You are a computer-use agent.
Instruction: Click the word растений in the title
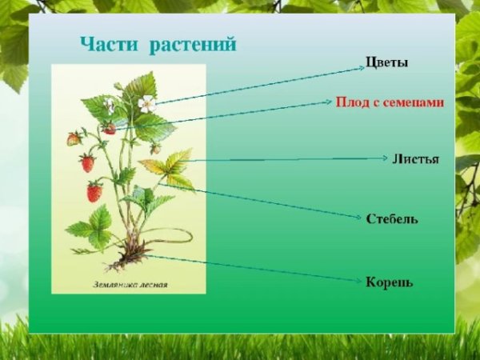(192, 44)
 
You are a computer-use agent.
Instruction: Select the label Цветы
(386, 62)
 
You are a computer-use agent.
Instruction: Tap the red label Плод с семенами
(390, 103)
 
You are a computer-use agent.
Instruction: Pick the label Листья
(415, 158)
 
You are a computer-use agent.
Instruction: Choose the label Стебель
(392, 218)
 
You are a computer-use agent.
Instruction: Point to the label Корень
(390, 282)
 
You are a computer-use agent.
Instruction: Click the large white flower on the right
(146, 102)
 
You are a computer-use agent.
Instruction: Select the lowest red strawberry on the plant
(94, 192)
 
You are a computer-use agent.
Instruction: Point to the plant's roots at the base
(130, 258)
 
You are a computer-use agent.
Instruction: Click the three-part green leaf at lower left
(92, 227)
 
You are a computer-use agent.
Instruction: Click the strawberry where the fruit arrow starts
(110, 128)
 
